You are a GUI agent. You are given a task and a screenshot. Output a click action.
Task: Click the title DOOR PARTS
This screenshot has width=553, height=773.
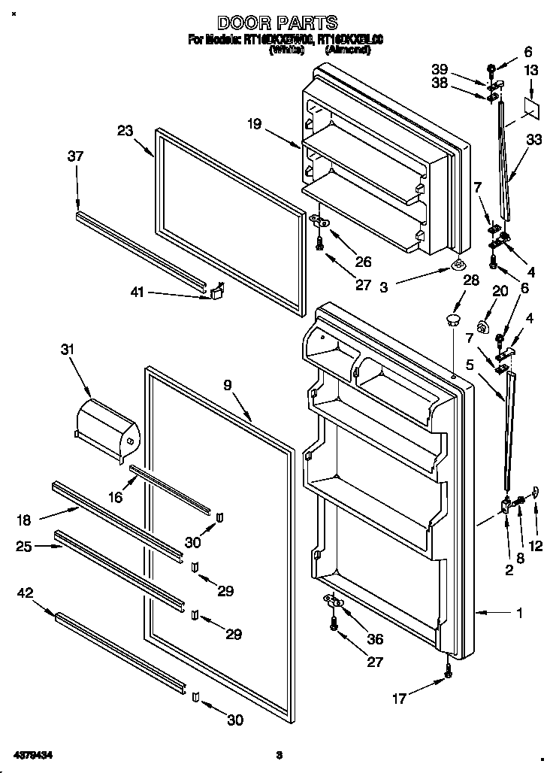click(x=277, y=23)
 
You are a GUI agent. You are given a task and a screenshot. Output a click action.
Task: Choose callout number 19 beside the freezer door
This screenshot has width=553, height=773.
click(x=255, y=124)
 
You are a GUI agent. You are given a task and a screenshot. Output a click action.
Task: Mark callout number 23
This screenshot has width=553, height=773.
click(x=125, y=131)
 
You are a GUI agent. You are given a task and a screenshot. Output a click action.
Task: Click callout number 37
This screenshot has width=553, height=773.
click(x=75, y=156)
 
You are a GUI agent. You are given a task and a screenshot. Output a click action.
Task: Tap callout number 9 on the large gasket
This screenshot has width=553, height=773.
click(x=227, y=384)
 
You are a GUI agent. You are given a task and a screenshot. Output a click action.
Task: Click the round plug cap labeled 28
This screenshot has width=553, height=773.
click(x=452, y=320)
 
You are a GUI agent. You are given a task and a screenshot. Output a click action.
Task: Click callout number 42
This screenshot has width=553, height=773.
click(x=25, y=594)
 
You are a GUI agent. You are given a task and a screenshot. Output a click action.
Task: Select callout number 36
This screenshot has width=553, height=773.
click(x=373, y=639)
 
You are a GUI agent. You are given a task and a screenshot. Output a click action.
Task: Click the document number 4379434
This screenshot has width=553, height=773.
click(x=32, y=754)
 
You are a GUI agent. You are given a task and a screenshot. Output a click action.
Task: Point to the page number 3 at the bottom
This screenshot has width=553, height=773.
click(x=278, y=754)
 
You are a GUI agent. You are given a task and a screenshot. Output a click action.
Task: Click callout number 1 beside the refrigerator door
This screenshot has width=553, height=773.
click(x=518, y=614)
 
